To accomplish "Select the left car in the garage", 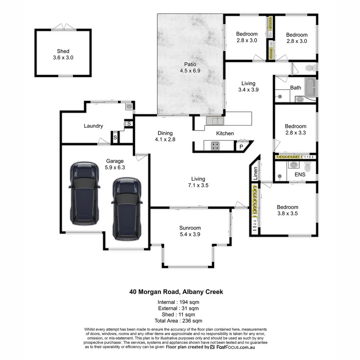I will click(84, 193).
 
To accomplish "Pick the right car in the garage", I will click(127, 208).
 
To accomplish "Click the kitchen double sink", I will click(215, 120).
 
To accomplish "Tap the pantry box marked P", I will click(240, 146).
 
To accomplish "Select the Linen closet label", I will click(256, 173).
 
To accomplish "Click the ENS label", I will click(300, 174).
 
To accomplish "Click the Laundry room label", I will click(93, 126).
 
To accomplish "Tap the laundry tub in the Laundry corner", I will click(129, 106).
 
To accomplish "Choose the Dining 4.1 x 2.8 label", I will click(165, 136).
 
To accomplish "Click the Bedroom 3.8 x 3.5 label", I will click(287, 210).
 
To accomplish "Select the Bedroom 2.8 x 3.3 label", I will click(295, 129).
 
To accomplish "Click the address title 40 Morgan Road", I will click(176, 292).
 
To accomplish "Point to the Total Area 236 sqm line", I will click(178, 321).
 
